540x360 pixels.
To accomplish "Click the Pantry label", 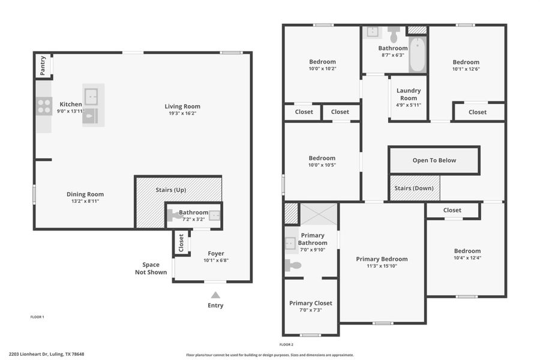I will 43,65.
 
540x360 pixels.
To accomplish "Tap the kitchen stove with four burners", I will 44,106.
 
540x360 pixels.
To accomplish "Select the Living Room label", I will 182,107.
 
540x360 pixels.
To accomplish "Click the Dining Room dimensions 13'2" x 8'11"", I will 85,202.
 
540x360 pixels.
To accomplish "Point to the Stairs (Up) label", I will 171,190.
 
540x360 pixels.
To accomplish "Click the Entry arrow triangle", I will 215,295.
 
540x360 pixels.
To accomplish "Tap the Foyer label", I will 216,253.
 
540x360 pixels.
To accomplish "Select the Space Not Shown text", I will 151,268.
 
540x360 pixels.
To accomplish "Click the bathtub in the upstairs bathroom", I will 418,56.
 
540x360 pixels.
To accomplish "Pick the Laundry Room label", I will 409,94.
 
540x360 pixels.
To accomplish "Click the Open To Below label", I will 434,160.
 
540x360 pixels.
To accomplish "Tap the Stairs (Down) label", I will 413,188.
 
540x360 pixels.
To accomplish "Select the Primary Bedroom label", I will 382,259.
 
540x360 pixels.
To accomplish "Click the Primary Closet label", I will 310,303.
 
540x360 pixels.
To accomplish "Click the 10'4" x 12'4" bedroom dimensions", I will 467,258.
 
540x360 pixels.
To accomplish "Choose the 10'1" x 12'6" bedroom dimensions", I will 466,69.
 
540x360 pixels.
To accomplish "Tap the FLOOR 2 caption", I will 286,344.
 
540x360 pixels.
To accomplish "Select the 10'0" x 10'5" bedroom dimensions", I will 322,166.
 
